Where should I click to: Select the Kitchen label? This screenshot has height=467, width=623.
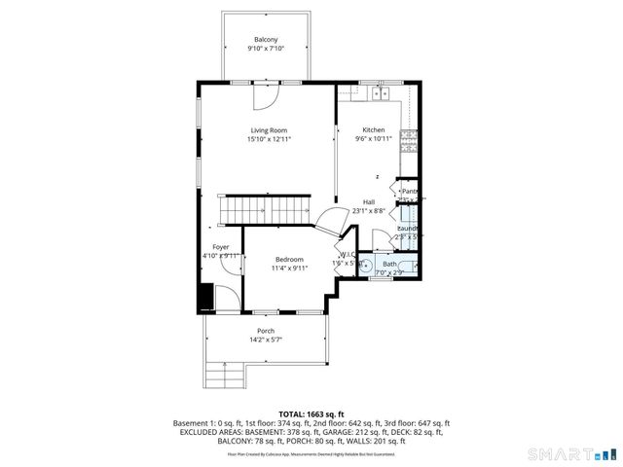(x=374, y=130)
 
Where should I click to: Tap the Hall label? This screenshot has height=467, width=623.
(x=370, y=201)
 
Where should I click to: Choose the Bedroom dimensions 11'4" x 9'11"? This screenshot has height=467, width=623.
(x=289, y=269)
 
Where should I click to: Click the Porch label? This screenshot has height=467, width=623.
(x=266, y=331)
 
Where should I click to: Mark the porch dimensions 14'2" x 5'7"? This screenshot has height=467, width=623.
(x=266, y=341)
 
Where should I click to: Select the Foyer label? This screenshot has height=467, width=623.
(x=221, y=247)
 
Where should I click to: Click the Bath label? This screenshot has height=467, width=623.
(x=389, y=264)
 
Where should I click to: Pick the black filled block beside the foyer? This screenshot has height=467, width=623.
(x=205, y=297)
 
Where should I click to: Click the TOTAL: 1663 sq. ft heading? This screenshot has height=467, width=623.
(x=311, y=413)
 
